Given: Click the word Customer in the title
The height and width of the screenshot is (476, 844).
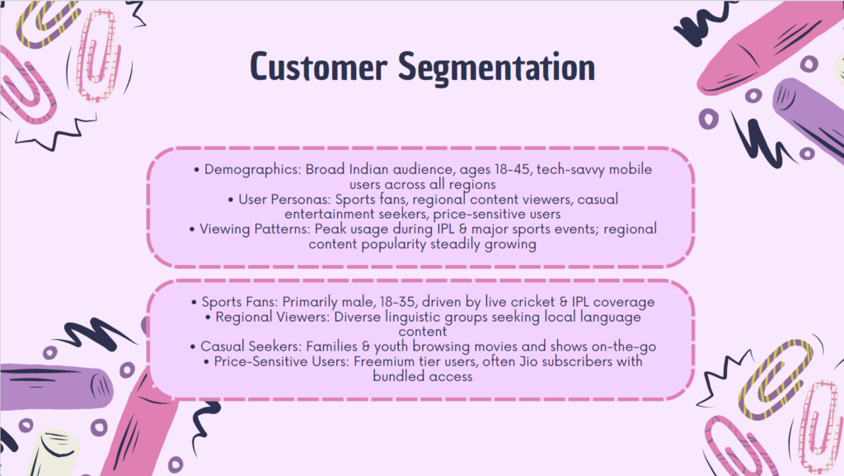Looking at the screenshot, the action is (x=319, y=67).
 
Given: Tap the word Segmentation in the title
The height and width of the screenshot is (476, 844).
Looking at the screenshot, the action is (x=496, y=68).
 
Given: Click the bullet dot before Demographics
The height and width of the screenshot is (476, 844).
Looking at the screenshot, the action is (x=196, y=170).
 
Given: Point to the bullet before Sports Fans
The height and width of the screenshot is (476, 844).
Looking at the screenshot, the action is (x=195, y=303).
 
